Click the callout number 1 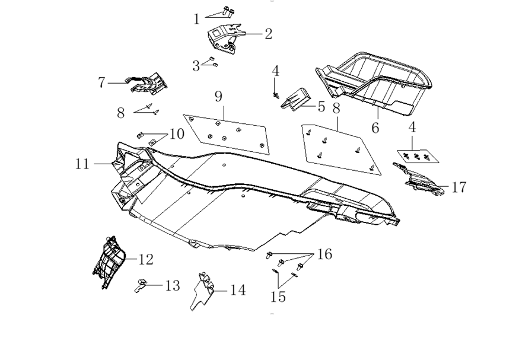tap(196, 19)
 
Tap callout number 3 tap(196, 66)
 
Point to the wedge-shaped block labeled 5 tap(295, 98)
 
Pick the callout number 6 tap(375, 128)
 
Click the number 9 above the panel tap(218, 97)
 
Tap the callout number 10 tap(177, 134)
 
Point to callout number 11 tap(82, 164)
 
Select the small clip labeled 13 tap(141, 285)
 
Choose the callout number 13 tap(173, 285)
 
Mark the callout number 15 tap(278, 297)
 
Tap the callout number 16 tap(324, 254)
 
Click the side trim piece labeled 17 tap(419, 179)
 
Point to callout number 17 tap(458, 187)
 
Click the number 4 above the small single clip tap(276, 71)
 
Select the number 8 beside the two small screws tap(121, 113)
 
